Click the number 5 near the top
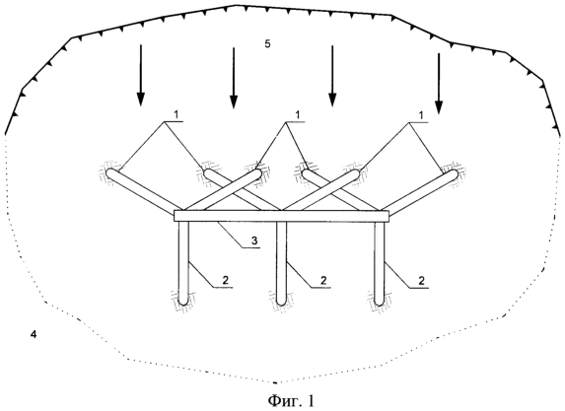point(267,44)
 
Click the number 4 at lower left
point(34,335)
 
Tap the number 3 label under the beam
point(254,240)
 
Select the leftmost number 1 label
point(177,115)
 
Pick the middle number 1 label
point(298,115)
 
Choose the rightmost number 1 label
point(421,115)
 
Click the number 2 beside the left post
point(225,281)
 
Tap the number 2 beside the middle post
point(323,280)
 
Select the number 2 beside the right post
point(422,280)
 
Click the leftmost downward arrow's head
point(141,100)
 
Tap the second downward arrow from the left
point(234,78)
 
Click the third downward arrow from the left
point(332,76)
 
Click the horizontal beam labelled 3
point(282,216)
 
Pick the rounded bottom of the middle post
point(281,302)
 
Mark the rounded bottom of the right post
point(380,302)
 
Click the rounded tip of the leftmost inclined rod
point(109,172)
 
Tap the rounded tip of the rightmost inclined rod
point(454,173)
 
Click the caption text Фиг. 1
point(291,400)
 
